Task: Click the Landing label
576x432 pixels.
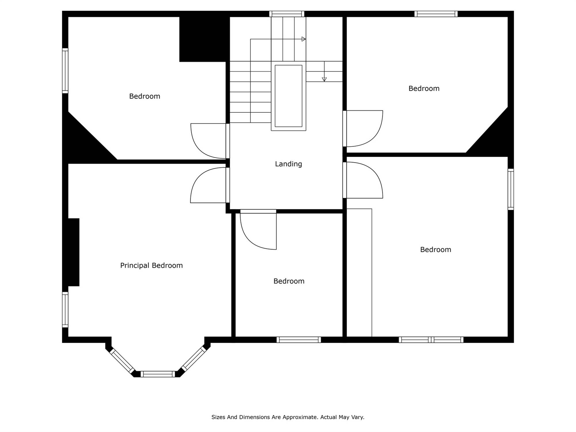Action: point(288,164)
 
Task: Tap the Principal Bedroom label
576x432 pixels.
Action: point(151,265)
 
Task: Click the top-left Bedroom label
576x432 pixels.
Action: point(145,96)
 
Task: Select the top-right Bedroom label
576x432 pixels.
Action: point(424,88)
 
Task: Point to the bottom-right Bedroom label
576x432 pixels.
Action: point(435,249)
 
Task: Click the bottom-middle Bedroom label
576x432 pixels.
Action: point(289,281)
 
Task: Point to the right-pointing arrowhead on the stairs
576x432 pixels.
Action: point(304,39)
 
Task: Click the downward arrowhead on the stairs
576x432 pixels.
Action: point(324,79)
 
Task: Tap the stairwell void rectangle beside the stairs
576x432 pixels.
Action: point(289,96)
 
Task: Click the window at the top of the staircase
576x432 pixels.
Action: point(287,14)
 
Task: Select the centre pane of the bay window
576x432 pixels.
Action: point(158,374)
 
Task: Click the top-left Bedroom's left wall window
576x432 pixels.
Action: point(65,71)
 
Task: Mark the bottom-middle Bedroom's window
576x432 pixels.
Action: point(299,340)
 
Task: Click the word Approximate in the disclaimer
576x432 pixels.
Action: point(300,417)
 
